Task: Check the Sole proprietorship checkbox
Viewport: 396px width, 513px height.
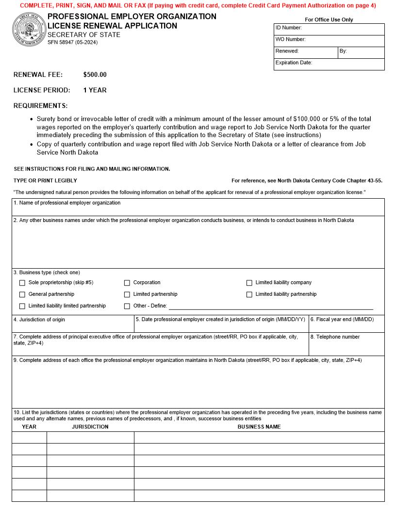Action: tap(22, 283)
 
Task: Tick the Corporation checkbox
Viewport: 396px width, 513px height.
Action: tap(127, 283)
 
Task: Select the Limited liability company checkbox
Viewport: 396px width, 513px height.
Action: tap(249, 283)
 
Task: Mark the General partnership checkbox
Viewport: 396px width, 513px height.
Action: tap(22, 294)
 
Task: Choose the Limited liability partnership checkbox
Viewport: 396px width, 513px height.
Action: tap(249, 294)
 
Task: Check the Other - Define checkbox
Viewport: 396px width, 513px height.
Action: tap(127, 306)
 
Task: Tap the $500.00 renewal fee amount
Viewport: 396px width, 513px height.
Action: tap(95, 75)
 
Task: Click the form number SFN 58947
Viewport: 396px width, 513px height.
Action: tap(72, 42)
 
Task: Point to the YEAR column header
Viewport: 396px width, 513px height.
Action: tap(29, 427)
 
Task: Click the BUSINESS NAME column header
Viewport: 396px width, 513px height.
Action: tap(259, 427)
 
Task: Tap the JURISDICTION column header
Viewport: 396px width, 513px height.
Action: tap(90, 427)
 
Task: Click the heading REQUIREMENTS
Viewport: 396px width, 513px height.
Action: tap(41, 105)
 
